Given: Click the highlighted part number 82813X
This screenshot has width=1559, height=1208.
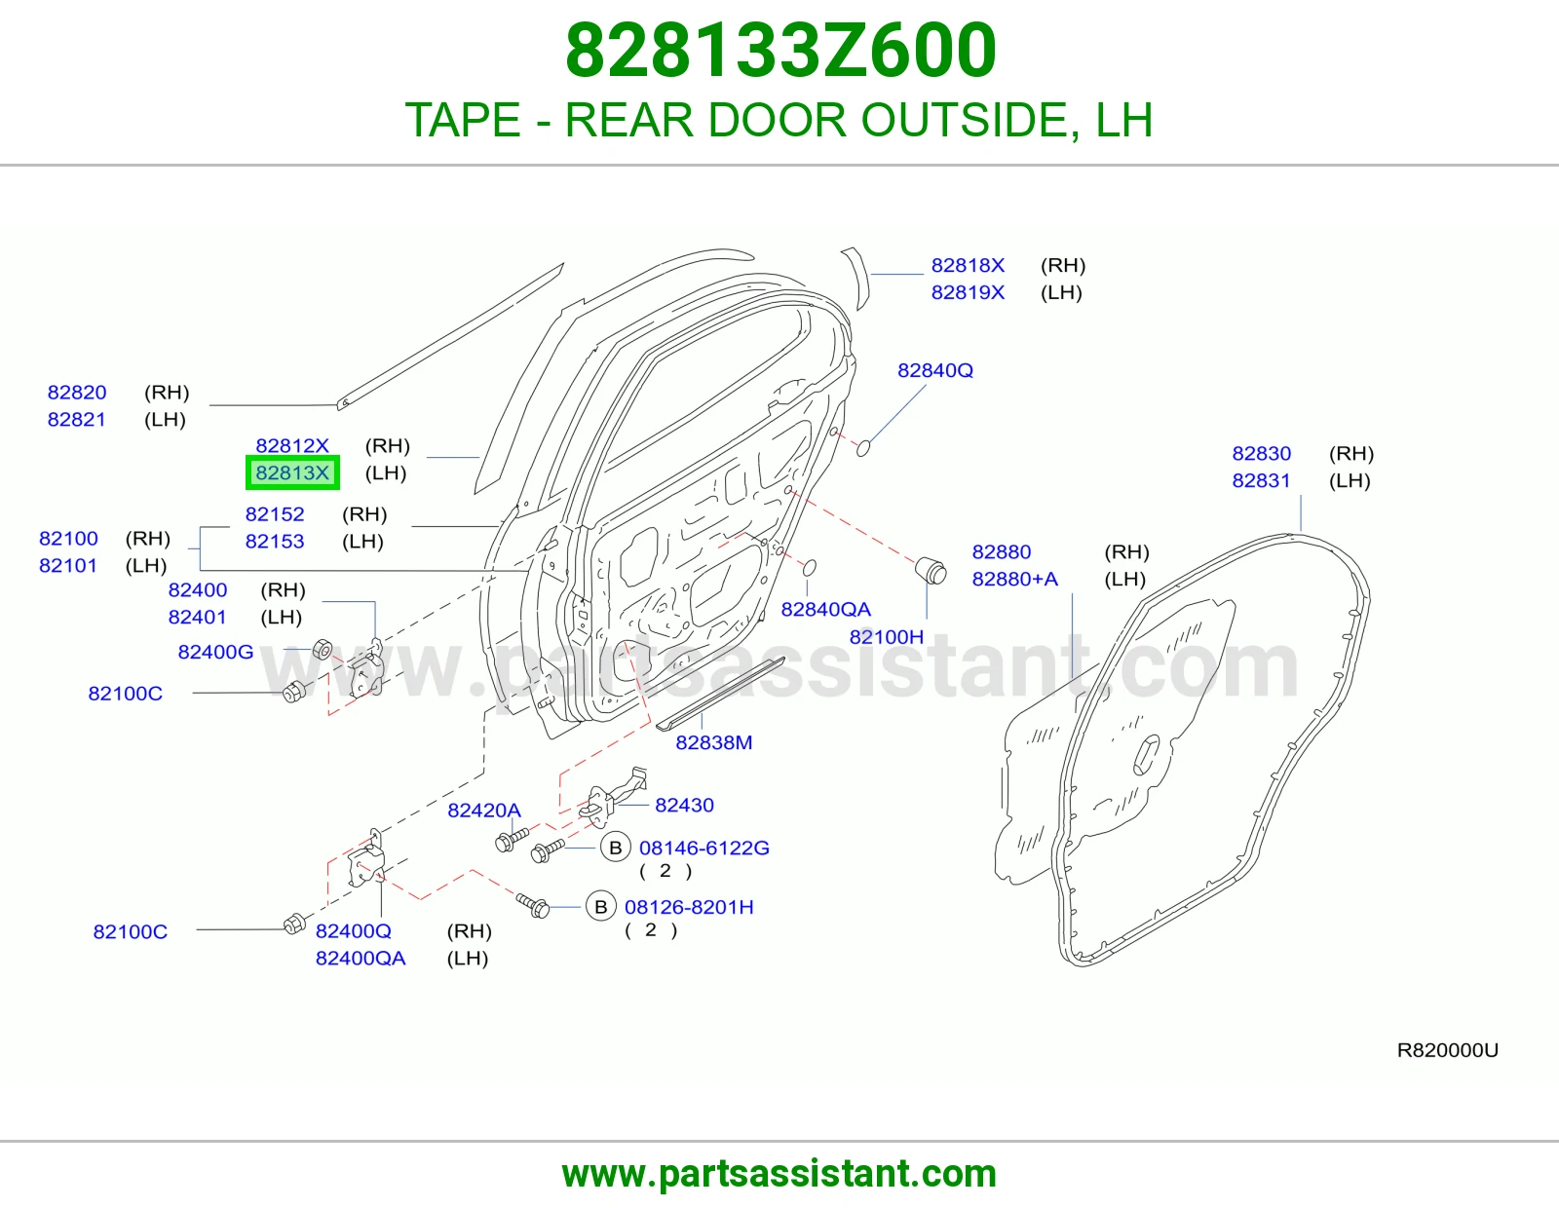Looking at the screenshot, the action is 292,472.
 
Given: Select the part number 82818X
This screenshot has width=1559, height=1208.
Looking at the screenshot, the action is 968,265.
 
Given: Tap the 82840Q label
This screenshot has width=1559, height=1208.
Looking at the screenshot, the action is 934,370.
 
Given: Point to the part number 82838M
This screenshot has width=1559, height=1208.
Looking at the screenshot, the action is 714,742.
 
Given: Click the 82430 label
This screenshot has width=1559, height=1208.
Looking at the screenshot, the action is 684,805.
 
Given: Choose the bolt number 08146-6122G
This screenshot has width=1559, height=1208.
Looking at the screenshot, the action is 703,848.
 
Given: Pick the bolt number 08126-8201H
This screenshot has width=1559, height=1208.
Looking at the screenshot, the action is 689,907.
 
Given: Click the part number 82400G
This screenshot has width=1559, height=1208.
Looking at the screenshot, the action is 215,652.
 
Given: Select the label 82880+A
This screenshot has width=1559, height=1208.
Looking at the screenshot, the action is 1014,579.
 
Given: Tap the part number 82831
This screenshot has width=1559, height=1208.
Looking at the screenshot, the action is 1261,480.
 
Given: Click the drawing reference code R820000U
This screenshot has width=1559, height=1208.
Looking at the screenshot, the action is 1447,1050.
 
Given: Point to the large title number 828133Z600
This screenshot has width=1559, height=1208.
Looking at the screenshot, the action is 780,51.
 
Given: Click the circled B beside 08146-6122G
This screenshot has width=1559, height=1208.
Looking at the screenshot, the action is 615,848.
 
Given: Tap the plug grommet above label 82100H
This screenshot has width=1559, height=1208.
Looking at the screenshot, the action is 932,570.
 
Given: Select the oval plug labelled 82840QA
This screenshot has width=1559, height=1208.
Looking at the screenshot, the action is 809,567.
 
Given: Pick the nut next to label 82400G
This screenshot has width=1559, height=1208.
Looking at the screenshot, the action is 323,649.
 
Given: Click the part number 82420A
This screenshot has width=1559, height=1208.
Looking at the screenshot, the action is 484,810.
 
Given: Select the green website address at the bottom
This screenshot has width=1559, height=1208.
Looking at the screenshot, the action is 779,1174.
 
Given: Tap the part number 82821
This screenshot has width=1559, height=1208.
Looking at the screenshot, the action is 76,420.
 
